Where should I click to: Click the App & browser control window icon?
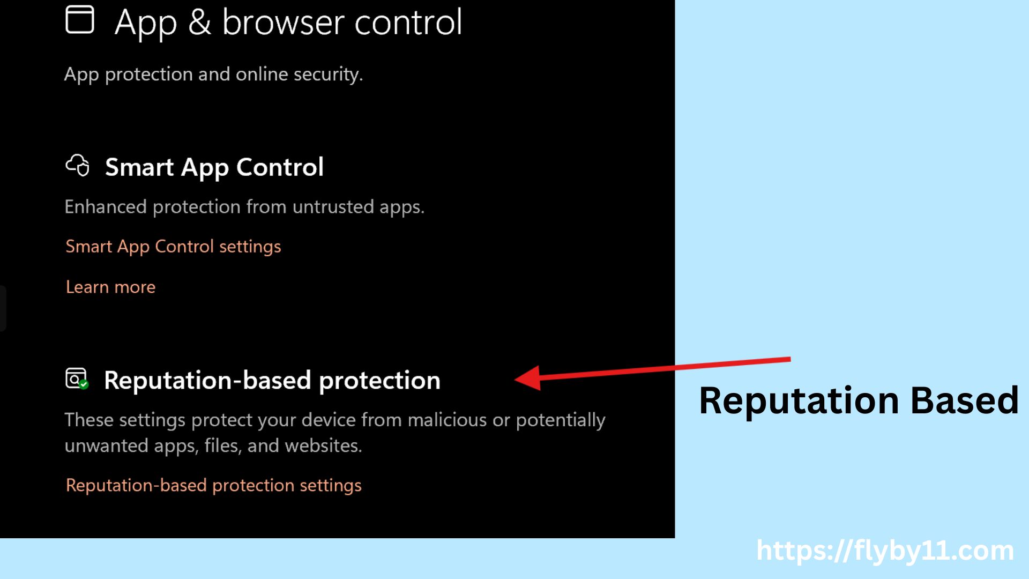pyautogui.click(x=79, y=20)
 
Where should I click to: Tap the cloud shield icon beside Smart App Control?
pyautogui.click(x=78, y=165)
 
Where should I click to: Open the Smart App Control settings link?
pyautogui.click(x=173, y=247)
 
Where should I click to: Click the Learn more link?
pyautogui.click(x=110, y=287)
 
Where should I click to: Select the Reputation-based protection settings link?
pyautogui.click(x=213, y=485)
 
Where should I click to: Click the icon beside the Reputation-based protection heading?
pyautogui.click(x=77, y=378)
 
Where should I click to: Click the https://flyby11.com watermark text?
pyautogui.click(x=884, y=551)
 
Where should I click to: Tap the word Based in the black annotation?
pyautogui.click(x=964, y=400)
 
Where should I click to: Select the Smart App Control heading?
pyautogui.click(x=214, y=167)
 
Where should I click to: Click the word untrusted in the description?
pyautogui.click(x=333, y=207)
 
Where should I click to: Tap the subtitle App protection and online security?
pyautogui.click(x=213, y=74)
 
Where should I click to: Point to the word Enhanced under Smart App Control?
pyautogui.click(x=106, y=207)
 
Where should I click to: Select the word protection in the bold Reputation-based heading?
pyautogui.click(x=379, y=381)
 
